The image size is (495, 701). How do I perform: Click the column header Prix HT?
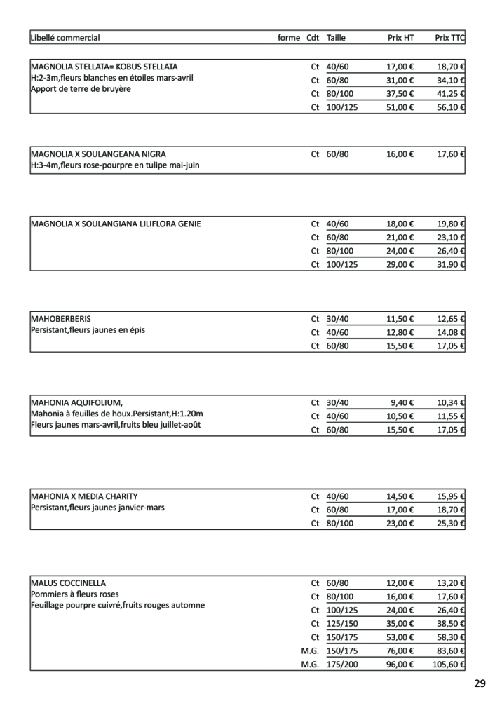point(400,38)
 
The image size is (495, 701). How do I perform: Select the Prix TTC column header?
point(449,38)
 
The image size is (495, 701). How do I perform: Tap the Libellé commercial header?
point(66,38)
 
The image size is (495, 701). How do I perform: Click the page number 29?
point(480,683)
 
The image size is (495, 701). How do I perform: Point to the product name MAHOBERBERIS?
point(61,319)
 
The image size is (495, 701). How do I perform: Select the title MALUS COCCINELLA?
point(69,583)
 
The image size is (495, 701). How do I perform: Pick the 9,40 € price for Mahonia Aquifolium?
point(402,403)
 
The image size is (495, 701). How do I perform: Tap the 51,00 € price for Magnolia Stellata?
point(400,107)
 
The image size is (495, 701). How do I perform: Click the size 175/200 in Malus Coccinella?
point(342,663)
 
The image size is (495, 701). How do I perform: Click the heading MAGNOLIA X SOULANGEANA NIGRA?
point(99,154)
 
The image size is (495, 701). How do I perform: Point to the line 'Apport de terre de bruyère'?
point(81,89)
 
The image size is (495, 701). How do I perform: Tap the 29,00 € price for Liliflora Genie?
point(400,264)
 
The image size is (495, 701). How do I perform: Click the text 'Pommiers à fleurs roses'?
point(74,594)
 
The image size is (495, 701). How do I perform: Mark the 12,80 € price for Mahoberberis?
point(400,332)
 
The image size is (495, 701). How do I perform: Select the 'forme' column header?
point(289,38)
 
